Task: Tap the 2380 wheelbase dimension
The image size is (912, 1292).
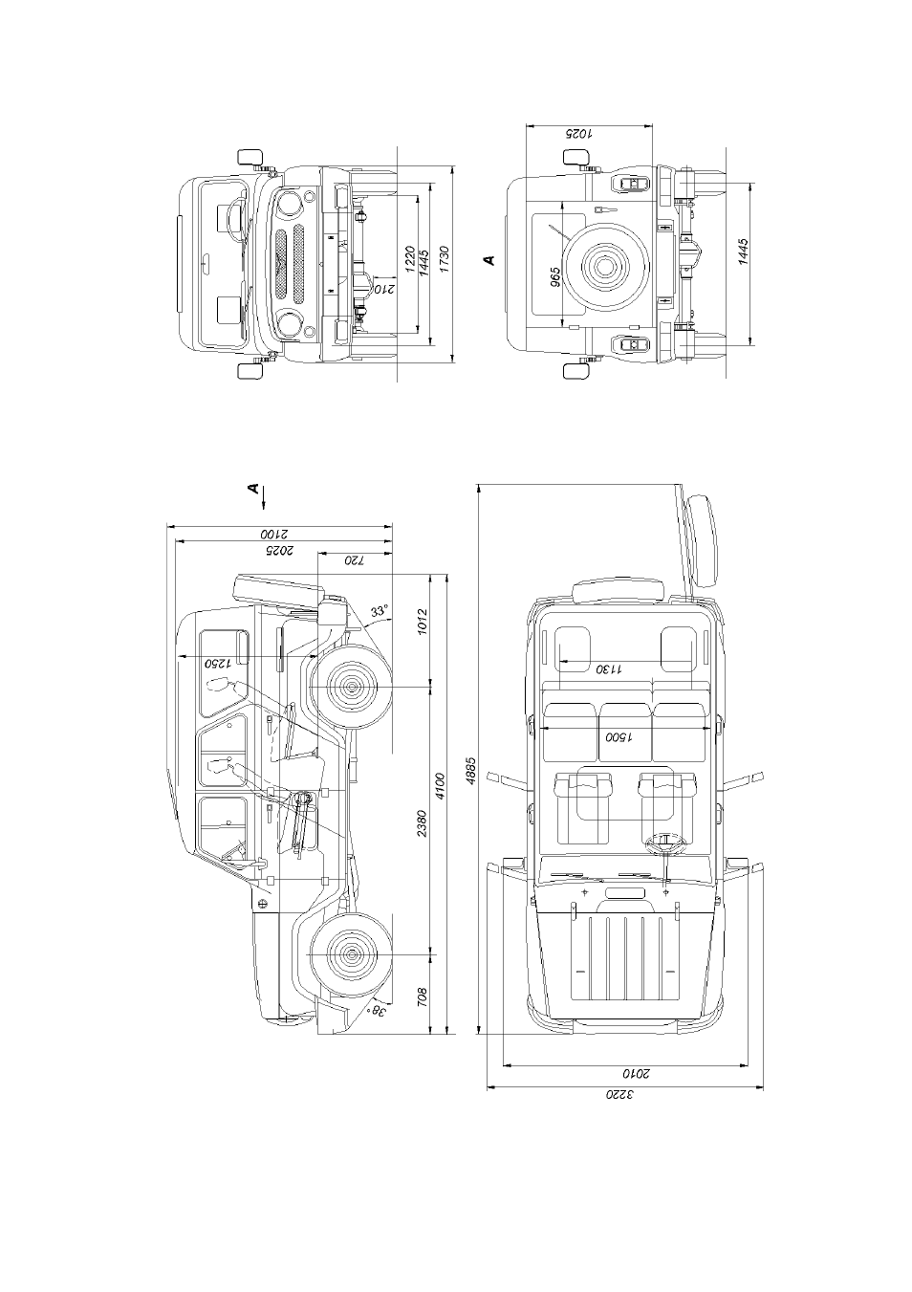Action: coord(422,823)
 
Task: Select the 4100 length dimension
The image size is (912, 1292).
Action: coord(441,785)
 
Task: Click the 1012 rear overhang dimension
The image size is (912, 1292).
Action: coord(422,622)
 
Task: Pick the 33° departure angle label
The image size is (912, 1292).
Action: coord(380,611)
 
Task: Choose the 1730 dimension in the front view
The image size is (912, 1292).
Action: coord(444,259)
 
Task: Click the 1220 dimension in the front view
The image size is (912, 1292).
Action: coord(409,259)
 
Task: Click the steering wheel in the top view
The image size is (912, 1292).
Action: coord(665,846)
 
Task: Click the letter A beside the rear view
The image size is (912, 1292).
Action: coord(489,259)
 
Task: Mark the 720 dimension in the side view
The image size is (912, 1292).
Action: coord(355,560)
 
